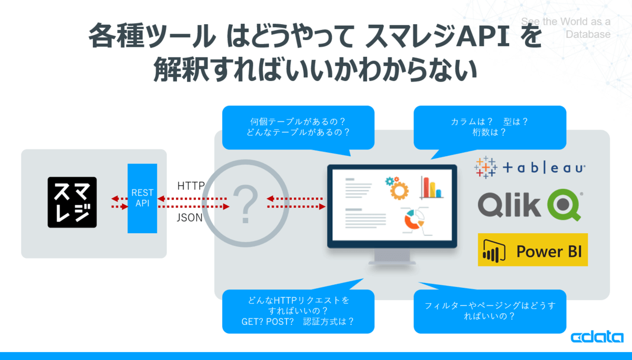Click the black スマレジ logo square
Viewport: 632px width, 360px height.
click(72, 202)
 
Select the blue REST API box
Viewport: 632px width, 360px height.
click(142, 198)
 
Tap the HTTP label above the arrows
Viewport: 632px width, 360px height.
click(191, 186)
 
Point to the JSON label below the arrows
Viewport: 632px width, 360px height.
click(190, 217)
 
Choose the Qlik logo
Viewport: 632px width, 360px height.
click(530, 205)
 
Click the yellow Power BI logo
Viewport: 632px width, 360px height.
click(532, 249)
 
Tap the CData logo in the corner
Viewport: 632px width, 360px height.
click(597, 338)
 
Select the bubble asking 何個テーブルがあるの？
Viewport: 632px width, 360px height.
click(298, 127)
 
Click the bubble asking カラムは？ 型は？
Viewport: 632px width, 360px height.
click(489, 127)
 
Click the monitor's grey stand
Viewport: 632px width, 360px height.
click(392, 257)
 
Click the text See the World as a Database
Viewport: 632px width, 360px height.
click(566, 28)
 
